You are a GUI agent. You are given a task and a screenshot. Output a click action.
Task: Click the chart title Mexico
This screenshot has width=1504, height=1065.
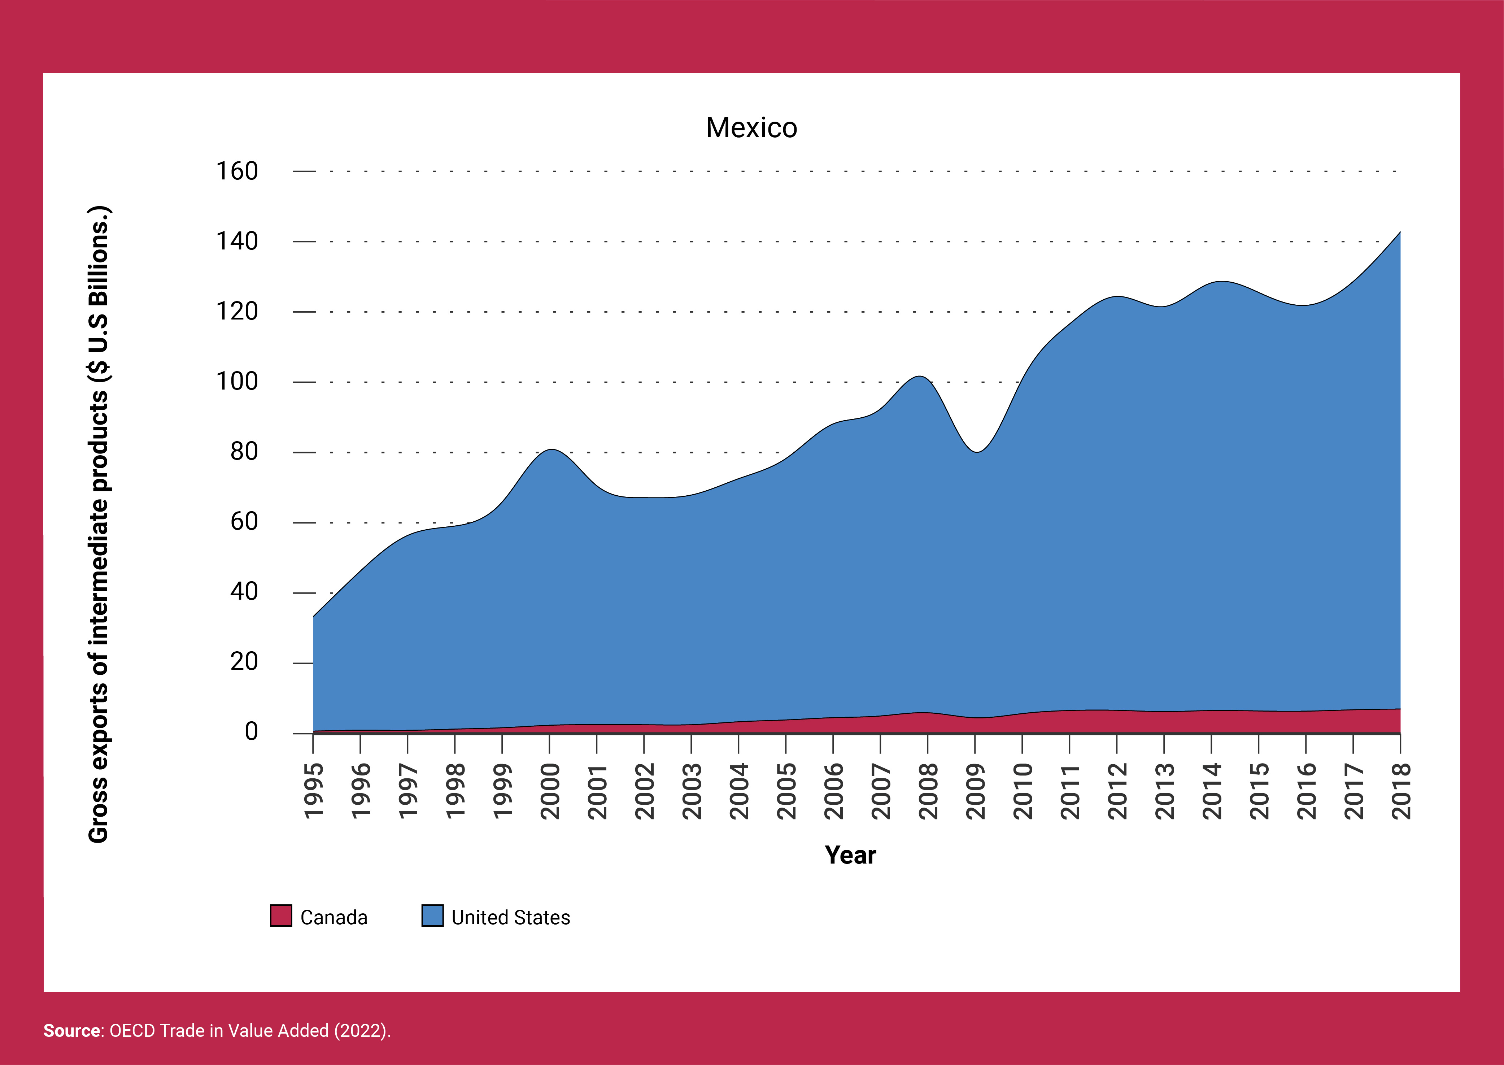click(x=751, y=128)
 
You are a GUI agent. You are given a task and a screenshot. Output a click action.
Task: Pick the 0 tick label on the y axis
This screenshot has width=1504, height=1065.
click(x=251, y=732)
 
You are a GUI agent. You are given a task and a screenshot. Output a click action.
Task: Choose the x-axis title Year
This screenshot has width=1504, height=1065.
click(x=850, y=855)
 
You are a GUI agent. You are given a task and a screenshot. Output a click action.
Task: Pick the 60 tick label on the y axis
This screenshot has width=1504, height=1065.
click(x=244, y=522)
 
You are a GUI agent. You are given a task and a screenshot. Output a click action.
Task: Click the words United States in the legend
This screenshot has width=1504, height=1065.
click(x=511, y=917)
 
